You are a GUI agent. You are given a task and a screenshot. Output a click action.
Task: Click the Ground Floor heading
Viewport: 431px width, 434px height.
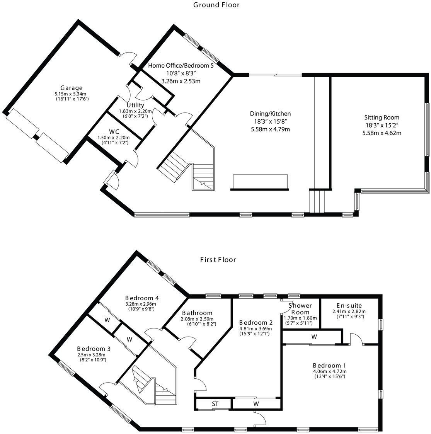coord(216,5)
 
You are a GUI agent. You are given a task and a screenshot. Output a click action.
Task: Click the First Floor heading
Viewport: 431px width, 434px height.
coord(218,259)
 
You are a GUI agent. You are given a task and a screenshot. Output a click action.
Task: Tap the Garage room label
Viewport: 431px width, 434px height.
coord(71,88)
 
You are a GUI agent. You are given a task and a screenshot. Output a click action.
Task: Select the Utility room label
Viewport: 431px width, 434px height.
coord(135,105)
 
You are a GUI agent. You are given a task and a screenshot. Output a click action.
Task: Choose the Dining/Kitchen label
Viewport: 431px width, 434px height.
coord(270,114)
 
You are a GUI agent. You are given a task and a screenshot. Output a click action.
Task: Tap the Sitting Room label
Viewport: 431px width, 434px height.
coord(382,117)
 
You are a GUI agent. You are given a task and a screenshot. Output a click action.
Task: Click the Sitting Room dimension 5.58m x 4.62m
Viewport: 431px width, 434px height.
coord(382,133)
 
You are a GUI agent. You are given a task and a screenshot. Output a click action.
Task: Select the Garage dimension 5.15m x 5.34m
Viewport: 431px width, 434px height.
coord(70,94)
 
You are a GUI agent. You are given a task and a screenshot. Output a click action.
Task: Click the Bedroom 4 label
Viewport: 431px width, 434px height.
coord(142,298)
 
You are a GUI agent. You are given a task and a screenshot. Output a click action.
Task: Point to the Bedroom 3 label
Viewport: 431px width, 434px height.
coord(91,348)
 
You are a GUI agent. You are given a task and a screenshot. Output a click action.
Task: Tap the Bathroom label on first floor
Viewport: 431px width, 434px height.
coord(197,313)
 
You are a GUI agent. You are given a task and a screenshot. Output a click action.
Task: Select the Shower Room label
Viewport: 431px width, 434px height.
coord(300,308)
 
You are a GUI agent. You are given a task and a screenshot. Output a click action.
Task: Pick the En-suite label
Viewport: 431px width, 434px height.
coord(349,305)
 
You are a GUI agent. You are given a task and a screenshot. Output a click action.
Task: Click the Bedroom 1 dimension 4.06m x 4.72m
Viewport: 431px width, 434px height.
coord(329,372)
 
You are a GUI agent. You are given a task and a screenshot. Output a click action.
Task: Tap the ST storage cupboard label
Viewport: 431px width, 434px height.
coord(215,404)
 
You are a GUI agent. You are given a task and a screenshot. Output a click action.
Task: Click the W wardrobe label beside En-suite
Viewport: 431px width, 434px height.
coord(314,337)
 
